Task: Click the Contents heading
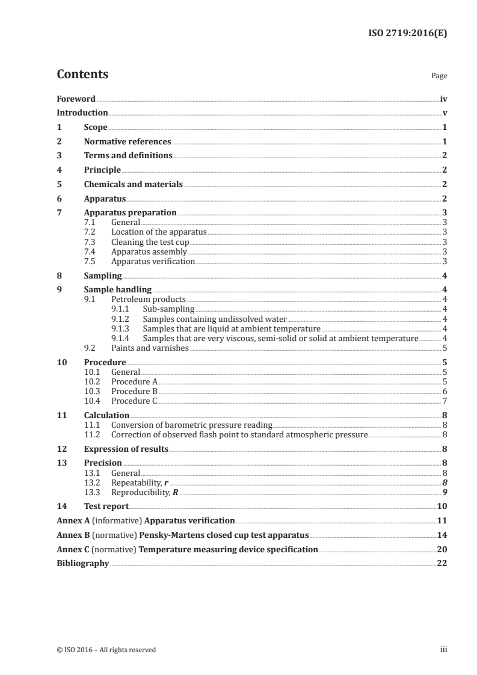(82, 75)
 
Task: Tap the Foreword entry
(76, 99)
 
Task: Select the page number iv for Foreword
(443, 99)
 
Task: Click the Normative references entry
(128, 142)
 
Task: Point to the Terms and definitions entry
(128, 156)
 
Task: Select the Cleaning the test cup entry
(150, 242)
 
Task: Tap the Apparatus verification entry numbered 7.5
(153, 262)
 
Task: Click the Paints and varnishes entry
(150, 348)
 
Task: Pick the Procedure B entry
(134, 391)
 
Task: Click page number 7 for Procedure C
(444, 401)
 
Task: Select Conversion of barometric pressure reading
(192, 425)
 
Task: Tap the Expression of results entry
(126, 449)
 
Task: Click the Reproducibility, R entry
(145, 492)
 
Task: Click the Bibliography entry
(82, 563)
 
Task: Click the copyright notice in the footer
(106, 650)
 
